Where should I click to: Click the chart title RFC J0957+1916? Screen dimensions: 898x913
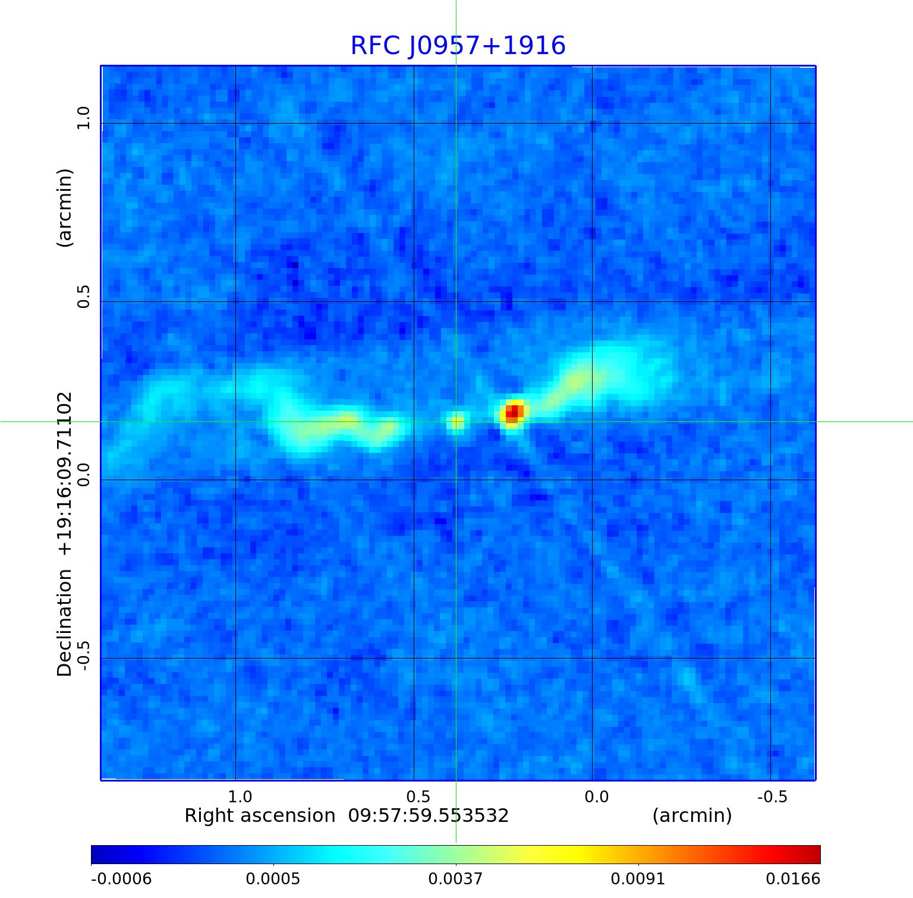458,46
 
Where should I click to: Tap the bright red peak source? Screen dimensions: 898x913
513,412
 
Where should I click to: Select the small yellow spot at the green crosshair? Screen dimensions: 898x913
456,422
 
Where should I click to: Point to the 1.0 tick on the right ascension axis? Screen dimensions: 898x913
240,796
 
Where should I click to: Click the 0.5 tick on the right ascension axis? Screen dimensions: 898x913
418,796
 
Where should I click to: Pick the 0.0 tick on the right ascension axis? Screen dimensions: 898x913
596,796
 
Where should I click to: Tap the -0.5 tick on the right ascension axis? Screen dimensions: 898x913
772,796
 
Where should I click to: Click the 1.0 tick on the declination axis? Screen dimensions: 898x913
83,118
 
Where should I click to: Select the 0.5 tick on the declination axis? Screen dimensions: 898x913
83,296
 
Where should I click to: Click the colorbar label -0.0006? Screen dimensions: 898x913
121,878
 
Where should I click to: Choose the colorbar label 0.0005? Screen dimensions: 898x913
273,878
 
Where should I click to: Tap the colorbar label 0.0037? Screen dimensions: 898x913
455,878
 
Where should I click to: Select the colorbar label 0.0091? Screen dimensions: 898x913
638,878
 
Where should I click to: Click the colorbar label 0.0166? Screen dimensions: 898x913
792,878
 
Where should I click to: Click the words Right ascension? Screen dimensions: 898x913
260,815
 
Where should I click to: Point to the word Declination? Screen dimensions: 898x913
64,622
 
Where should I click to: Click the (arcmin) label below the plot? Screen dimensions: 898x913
692,815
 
